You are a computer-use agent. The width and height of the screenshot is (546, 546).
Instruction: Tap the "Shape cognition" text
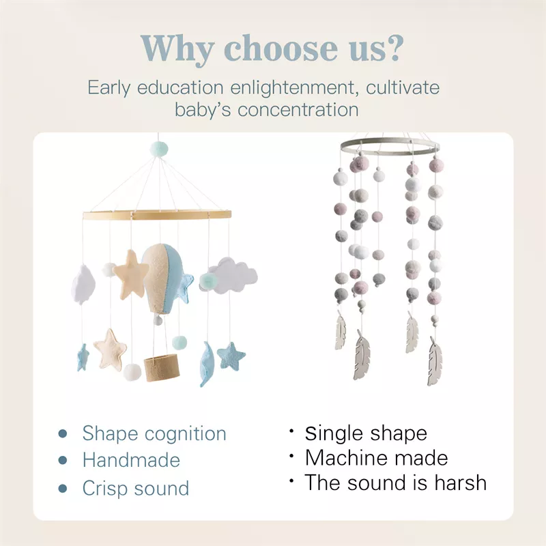pyautogui.click(x=154, y=433)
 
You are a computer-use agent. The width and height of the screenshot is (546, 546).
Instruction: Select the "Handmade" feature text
pyautogui.click(x=131, y=461)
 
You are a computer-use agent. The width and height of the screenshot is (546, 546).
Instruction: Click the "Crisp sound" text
pyautogui.click(x=135, y=489)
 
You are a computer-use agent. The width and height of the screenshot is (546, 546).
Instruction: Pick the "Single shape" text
pyautogui.click(x=366, y=433)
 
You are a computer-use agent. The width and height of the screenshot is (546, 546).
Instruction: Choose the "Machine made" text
pyautogui.click(x=376, y=457)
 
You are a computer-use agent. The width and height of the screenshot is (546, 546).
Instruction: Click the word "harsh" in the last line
pyautogui.click(x=458, y=483)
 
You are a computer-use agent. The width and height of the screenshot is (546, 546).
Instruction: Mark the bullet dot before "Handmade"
pyautogui.click(x=63, y=461)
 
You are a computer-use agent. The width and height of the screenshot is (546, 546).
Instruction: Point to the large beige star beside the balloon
pyautogui.click(x=131, y=273)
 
